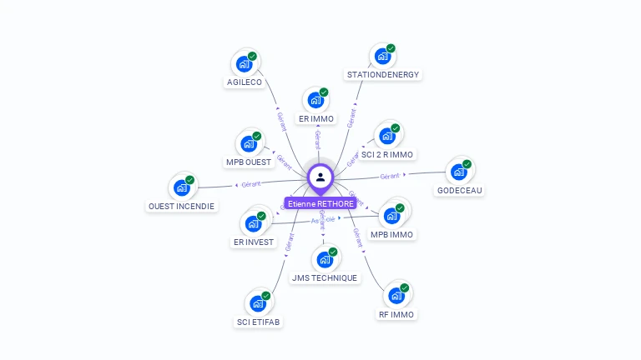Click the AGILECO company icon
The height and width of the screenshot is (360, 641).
coord(244,64)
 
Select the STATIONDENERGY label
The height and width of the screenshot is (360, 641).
coord(383,75)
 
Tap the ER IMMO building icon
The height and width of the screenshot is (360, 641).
coord(315,101)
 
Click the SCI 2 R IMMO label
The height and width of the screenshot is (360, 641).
coord(387,155)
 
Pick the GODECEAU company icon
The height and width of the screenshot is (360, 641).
coord(458,172)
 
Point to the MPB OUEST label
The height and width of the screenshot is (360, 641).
coord(249,162)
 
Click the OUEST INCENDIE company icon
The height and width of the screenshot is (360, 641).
coord(181,187)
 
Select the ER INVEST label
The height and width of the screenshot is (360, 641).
coord(253,242)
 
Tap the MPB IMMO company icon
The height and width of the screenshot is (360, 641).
coord(391,216)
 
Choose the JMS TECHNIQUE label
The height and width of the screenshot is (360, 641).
coord(325,278)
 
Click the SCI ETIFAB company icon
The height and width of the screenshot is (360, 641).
coord(258,304)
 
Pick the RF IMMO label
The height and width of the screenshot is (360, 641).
coord(396,315)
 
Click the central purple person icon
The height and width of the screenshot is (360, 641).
coord(320,177)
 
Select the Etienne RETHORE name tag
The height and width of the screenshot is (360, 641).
coord(320,203)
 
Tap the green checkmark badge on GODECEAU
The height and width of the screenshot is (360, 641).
coord(467,164)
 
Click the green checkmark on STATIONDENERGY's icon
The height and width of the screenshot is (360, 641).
coord(391,48)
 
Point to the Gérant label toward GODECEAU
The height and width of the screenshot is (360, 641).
coord(391,176)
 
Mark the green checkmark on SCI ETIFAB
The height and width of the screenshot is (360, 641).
coord(265,296)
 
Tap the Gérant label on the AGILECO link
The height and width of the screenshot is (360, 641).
coord(281,120)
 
